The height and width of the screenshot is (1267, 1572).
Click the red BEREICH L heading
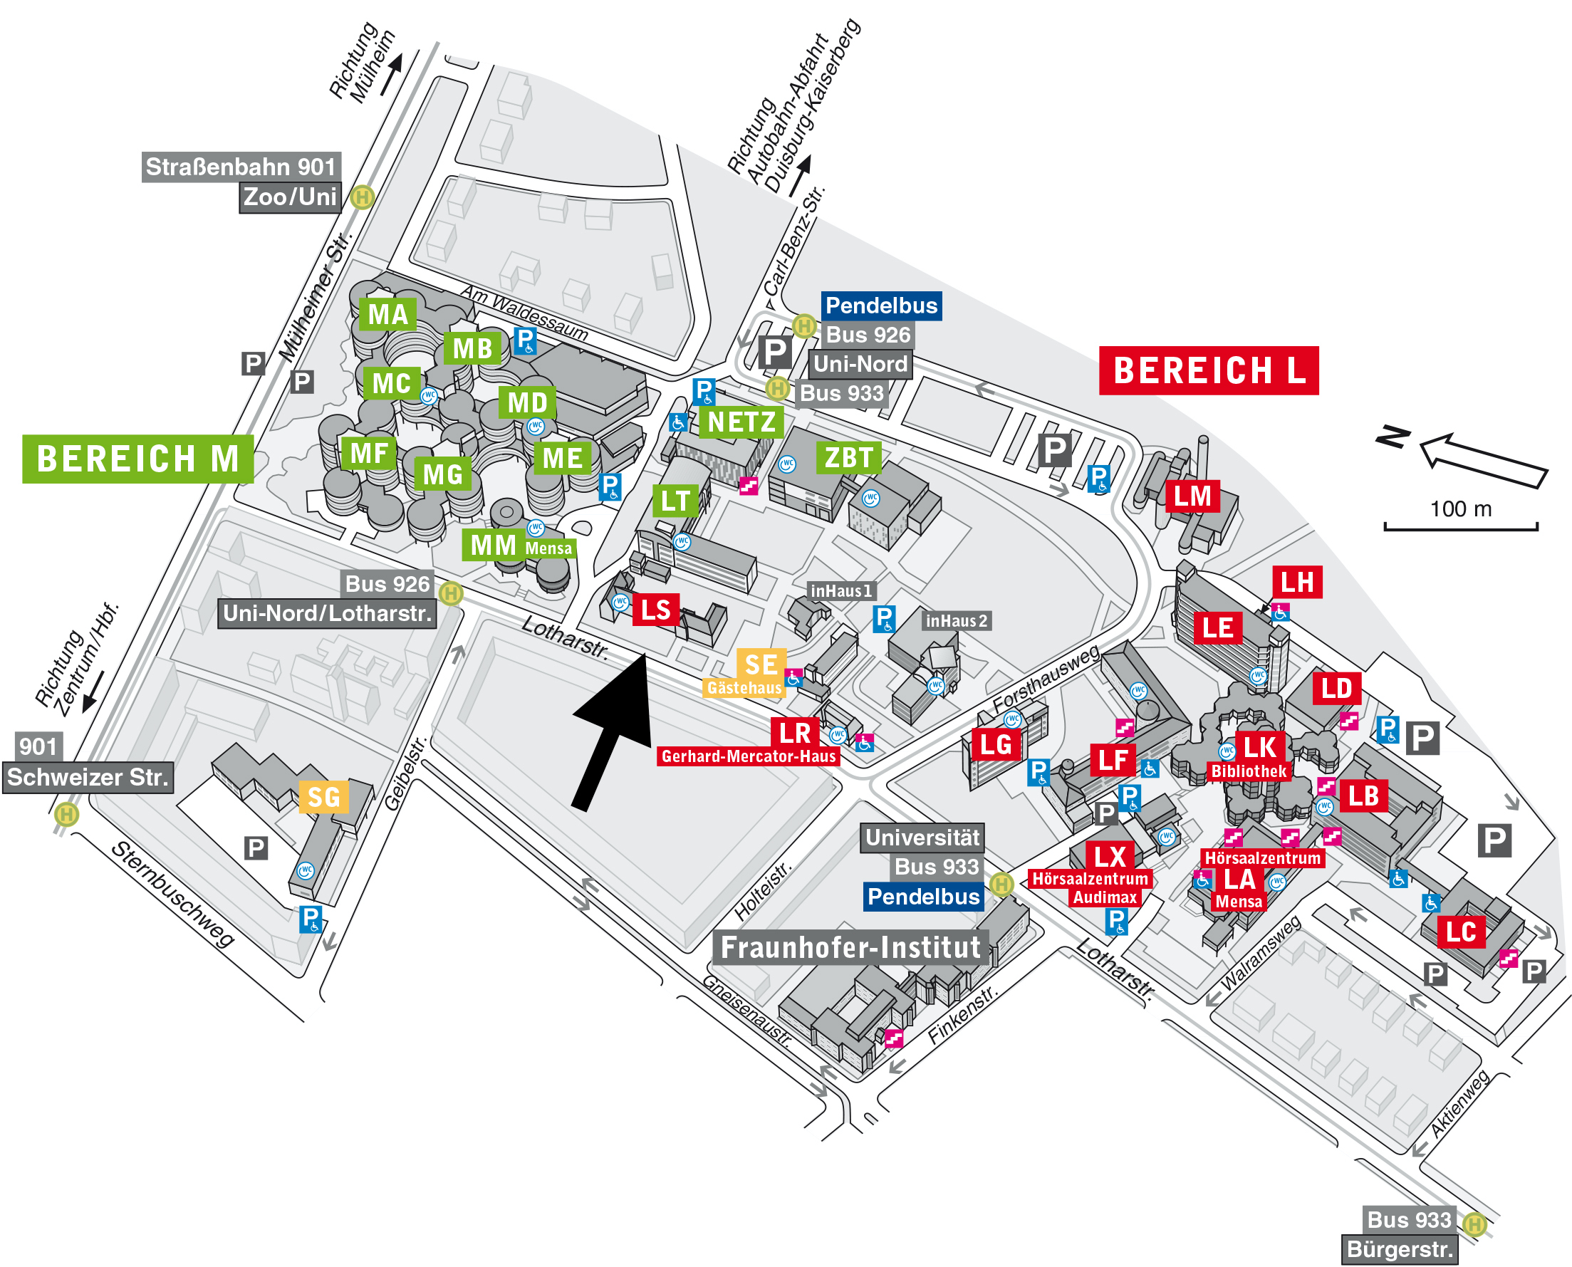(1208, 371)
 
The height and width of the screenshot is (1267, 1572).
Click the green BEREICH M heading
(137, 459)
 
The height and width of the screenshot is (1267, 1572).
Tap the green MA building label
(387, 315)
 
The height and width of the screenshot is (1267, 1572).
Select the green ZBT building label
(848, 458)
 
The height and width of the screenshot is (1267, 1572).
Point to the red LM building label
(1192, 496)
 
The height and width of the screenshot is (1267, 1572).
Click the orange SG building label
(323, 797)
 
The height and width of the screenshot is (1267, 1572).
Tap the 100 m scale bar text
(1460, 509)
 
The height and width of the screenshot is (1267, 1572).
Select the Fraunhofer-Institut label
(850, 947)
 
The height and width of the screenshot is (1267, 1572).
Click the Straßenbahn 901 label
(241, 167)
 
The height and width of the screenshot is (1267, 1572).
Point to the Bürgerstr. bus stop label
(1399, 1249)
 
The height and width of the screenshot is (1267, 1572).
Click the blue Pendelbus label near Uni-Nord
(881, 306)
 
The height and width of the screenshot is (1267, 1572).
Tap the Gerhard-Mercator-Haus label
(748, 756)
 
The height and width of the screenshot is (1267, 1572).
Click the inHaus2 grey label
(956, 621)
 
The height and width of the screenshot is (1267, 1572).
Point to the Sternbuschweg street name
(172, 894)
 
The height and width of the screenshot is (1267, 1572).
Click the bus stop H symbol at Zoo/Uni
(362, 197)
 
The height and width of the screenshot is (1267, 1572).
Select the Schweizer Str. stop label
(88, 777)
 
